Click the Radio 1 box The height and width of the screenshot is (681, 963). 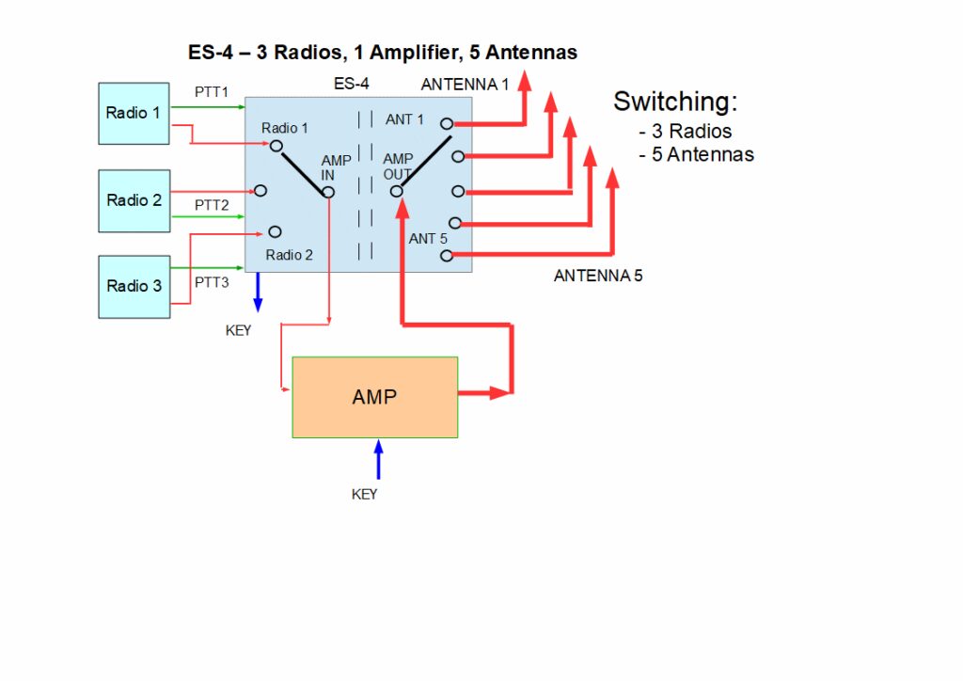[x=134, y=113]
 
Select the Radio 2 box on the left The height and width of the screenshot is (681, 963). [x=134, y=200]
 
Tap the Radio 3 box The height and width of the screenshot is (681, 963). [x=134, y=286]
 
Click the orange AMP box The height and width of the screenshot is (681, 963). [x=374, y=397]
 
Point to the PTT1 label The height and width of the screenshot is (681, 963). [x=211, y=92]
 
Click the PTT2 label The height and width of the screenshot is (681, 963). [x=212, y=205]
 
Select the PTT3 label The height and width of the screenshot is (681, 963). [x=212, y=282]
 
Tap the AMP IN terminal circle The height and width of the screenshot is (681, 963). [x=328, y=192]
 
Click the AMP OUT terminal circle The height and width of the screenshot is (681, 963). [x=397, y=192]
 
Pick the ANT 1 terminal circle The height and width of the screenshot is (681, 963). [x=447, y=123]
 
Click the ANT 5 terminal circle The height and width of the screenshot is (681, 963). [x=446, y=255]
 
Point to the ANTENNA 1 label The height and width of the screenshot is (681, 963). [x=465, y=85]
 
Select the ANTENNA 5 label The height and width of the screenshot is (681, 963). [x=598, y=277]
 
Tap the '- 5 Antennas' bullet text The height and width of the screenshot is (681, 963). [x=696, y=154]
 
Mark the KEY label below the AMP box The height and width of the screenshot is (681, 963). [x=364, y=494]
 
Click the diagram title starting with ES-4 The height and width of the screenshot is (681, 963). [x=382, y=51]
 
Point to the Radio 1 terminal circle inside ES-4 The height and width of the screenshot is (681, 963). [x=276, y=146]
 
